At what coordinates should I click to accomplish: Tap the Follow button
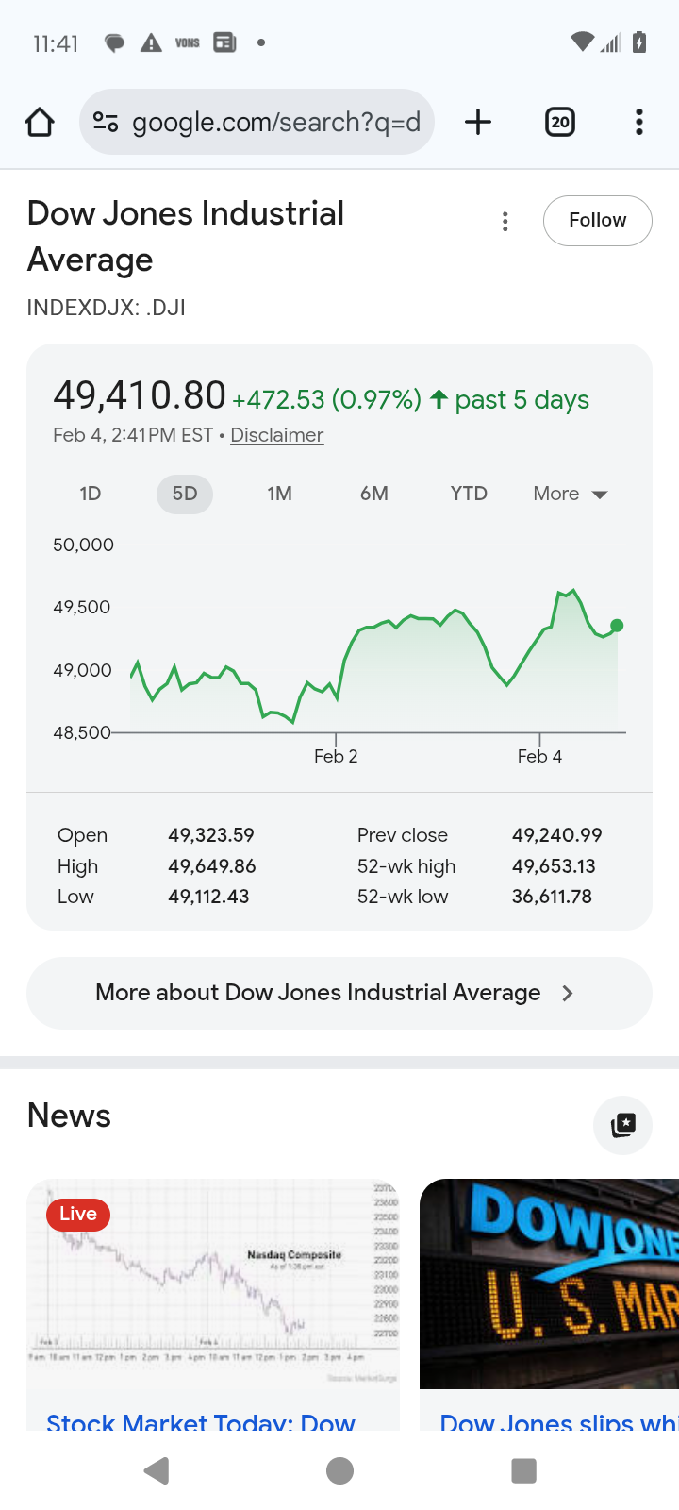[597, 220]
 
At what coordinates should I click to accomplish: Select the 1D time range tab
[91, 494]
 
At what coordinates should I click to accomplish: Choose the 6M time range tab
[374, 494]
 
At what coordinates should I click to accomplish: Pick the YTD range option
[469, 494]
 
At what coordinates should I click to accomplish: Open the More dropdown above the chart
[571, 494]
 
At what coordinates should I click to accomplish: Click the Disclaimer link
[277, 435]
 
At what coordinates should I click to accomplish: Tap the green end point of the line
[617, 626]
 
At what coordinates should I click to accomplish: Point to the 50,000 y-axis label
[84, 545]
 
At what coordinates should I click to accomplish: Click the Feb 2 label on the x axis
[336, 756]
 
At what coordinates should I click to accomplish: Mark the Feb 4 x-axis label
[539, 756]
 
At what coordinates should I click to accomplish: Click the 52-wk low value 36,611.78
[552, 897]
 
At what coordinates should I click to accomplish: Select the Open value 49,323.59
[211, 835]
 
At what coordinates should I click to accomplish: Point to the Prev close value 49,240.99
[556, 835]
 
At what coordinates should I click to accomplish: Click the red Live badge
[78, 1214]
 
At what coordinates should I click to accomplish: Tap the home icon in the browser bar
[40, 122]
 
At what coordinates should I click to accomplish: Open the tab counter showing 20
[560, 122]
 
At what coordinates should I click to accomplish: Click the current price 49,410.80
[140, 395]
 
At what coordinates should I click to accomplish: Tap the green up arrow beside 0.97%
[439, 399]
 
